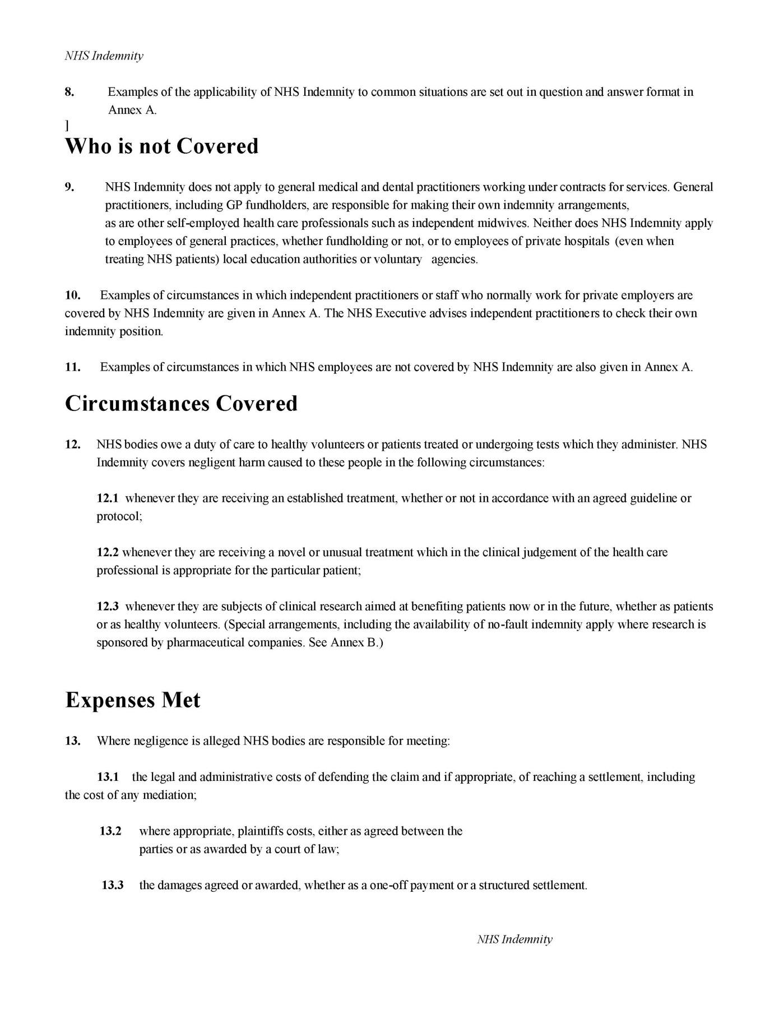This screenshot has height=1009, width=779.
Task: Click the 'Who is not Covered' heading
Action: point(162,146)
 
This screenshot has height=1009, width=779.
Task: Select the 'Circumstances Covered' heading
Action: point(181,404)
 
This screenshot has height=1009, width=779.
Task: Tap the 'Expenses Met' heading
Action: point(133,700)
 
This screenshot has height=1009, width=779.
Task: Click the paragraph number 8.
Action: point(69,92)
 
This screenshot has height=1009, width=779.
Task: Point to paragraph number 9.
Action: point(69,187)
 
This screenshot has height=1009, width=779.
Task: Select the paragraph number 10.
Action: point(73,295)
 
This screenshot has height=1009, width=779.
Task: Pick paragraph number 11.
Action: point(73,368)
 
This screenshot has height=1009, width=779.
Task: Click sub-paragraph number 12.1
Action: point(108,498)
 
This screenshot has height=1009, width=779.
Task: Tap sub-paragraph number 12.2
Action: point(108,553)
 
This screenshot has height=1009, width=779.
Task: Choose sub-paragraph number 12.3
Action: point(108,607)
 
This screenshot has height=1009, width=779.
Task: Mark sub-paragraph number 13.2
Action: point(110,831)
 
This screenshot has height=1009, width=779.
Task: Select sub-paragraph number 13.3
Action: point(112,886)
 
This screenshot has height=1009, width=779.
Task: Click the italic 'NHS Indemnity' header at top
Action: point(104,56)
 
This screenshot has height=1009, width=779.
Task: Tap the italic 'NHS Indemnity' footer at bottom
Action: point(514,939)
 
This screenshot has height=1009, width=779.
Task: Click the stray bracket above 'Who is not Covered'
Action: point(67,125)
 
